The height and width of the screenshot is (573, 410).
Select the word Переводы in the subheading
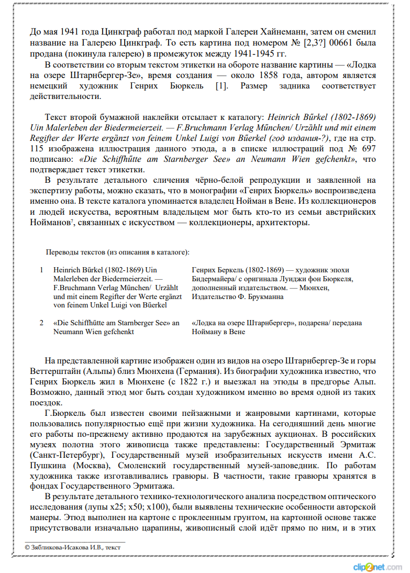click(61, 252)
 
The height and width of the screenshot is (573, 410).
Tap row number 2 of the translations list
click(41, 323)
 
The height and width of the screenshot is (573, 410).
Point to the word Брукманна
click(266, 296)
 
